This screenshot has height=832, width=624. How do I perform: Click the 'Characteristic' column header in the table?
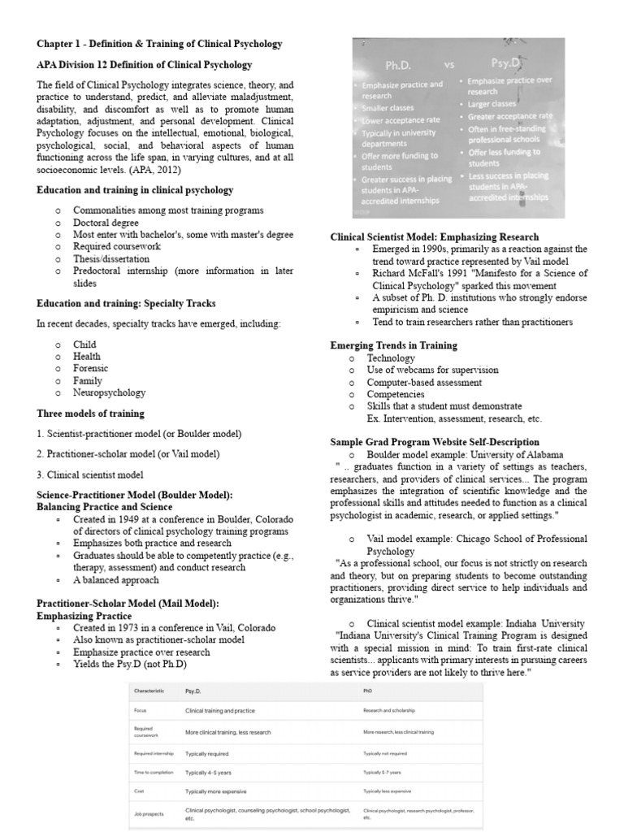coord(149,691)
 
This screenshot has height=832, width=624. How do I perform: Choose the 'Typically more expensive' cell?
coord(216,791)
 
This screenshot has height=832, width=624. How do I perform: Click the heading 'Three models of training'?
coord(92,413)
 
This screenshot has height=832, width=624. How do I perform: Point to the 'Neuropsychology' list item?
coord(109,392)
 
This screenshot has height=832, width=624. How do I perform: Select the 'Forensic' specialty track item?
coord(91,368)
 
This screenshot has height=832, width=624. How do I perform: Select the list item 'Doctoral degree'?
coord(106,223)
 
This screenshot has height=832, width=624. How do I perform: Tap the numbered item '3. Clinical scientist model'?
coord(91,474)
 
